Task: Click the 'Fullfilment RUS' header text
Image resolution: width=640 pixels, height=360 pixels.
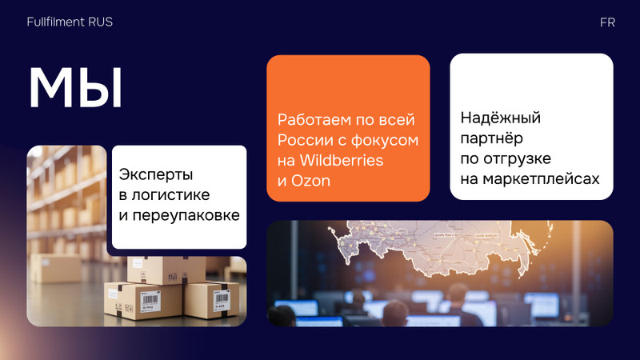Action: (70, 22)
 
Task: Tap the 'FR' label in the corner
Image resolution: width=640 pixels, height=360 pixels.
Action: (607, 22)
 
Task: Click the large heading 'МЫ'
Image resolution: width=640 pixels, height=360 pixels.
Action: (76, 88)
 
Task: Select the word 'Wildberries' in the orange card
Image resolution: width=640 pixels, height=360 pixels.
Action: (342, 161)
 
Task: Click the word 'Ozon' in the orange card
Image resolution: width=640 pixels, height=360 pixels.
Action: (310, 181)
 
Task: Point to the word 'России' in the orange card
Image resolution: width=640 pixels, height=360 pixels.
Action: (305, 140)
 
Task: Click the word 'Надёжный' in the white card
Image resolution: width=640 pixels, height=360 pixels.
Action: (501, 118)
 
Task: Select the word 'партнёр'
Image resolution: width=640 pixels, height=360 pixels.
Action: (491, 138)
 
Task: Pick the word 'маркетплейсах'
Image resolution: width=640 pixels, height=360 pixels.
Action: (542, 178)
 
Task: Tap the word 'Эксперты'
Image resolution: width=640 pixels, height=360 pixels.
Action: (156, 174)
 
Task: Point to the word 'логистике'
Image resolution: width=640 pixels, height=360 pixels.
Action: (170, 195)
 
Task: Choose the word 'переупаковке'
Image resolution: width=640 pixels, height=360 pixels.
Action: (186, 215)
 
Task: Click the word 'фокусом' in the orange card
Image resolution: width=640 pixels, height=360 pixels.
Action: (385, 141)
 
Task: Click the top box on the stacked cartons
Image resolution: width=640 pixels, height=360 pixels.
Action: (166, 270)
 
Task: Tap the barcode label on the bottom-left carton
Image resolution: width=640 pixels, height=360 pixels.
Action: (150, 302)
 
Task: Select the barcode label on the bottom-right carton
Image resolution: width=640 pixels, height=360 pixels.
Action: (222, 301)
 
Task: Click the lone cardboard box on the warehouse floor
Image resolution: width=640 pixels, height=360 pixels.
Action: (55, 268)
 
